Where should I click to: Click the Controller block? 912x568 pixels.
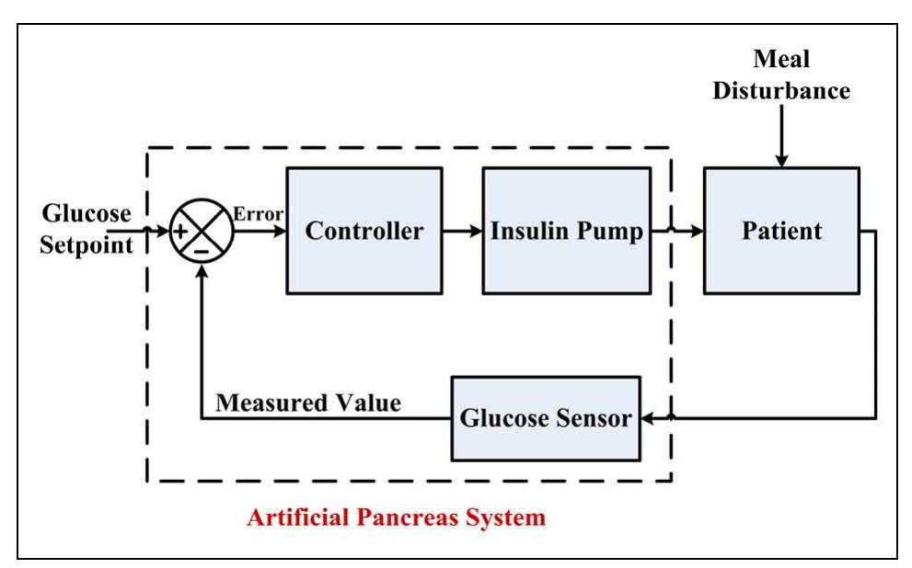tap(364, 231)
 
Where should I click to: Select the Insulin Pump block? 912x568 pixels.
tap(566, 231)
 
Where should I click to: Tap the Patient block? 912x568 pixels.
tap(781, 231)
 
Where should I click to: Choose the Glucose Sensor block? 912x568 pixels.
tap(546, 419)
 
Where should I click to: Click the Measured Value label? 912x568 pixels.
tap(308, 403)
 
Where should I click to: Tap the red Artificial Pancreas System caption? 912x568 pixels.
tap(396, 517)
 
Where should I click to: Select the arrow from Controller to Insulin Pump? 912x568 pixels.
tap(462, 231)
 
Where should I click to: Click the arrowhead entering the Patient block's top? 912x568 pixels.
tap(781, 161)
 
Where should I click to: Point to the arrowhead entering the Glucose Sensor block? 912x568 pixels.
tap(648, 419)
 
